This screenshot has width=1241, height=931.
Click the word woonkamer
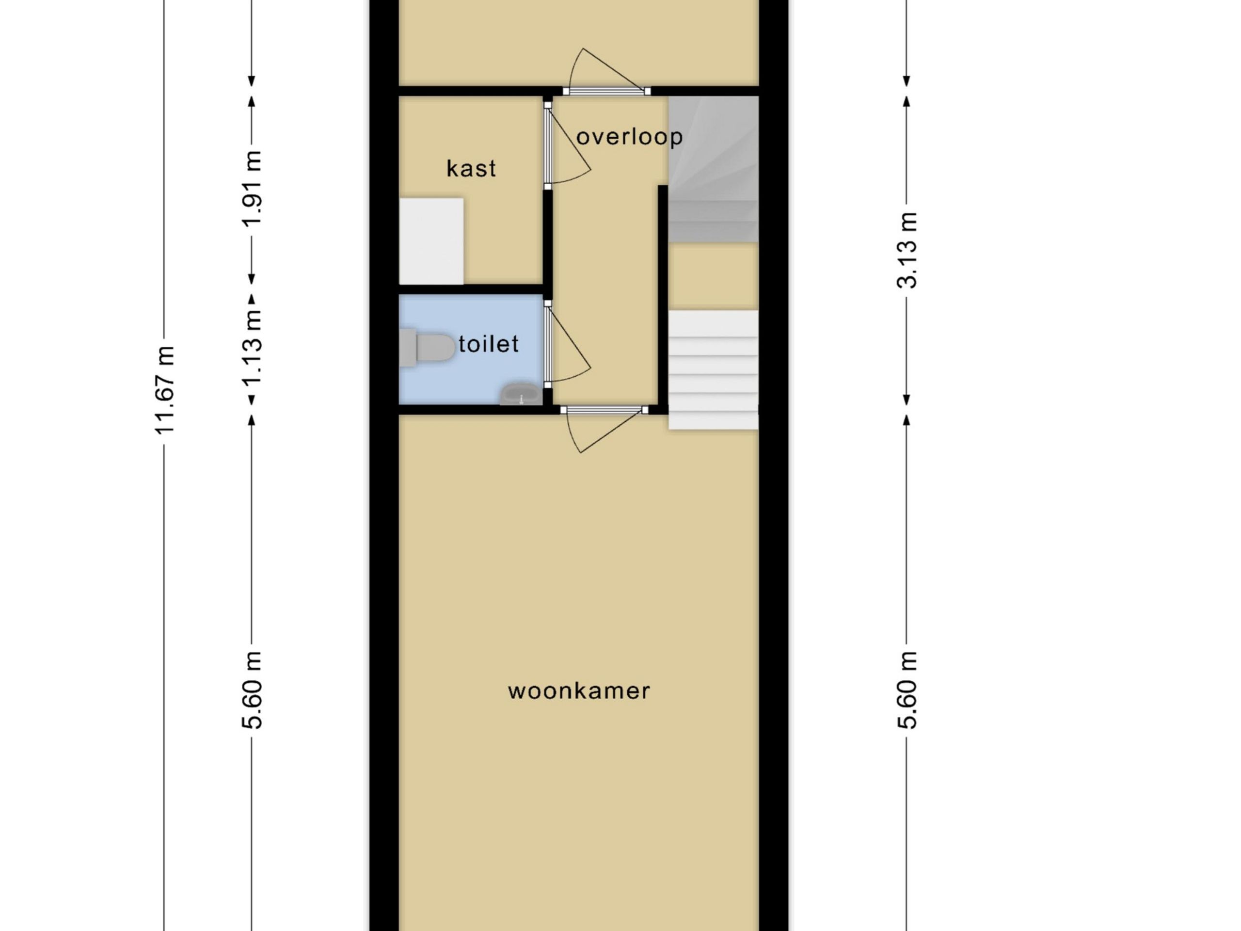(x=579, y=691)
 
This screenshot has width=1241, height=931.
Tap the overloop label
(x=630, y=136)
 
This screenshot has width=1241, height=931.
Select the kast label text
(x=471, y=168)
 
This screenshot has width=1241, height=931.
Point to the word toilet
(x=488, y=343)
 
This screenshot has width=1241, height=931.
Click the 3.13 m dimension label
(x=907, y=250)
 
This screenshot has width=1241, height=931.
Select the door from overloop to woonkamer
(x=604, y=429)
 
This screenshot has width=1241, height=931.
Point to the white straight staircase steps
(x=713, y=370)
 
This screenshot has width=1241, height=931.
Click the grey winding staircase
(x=713, y=169)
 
